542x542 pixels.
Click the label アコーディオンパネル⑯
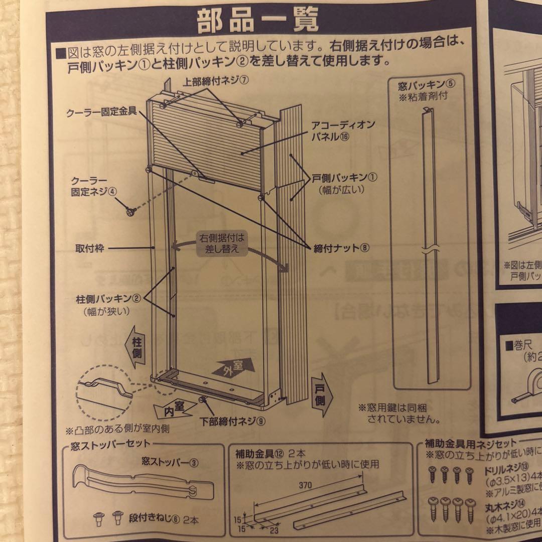point(336,130)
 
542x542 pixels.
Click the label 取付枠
point(90,247)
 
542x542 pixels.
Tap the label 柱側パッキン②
point(107,298)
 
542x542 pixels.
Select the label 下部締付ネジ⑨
point(232,421)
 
